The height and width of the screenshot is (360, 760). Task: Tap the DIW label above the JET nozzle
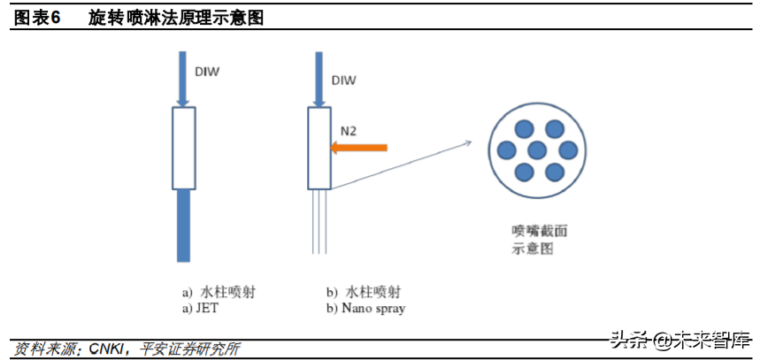[207, 73]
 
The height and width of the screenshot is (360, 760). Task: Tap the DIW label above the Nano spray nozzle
[343, 80]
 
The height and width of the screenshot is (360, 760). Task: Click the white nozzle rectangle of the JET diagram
[183, 149]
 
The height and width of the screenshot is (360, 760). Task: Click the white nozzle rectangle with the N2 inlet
[319, 149]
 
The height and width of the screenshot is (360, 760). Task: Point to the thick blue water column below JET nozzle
[183, 225]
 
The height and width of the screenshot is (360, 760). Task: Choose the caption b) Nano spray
[365, 308]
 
